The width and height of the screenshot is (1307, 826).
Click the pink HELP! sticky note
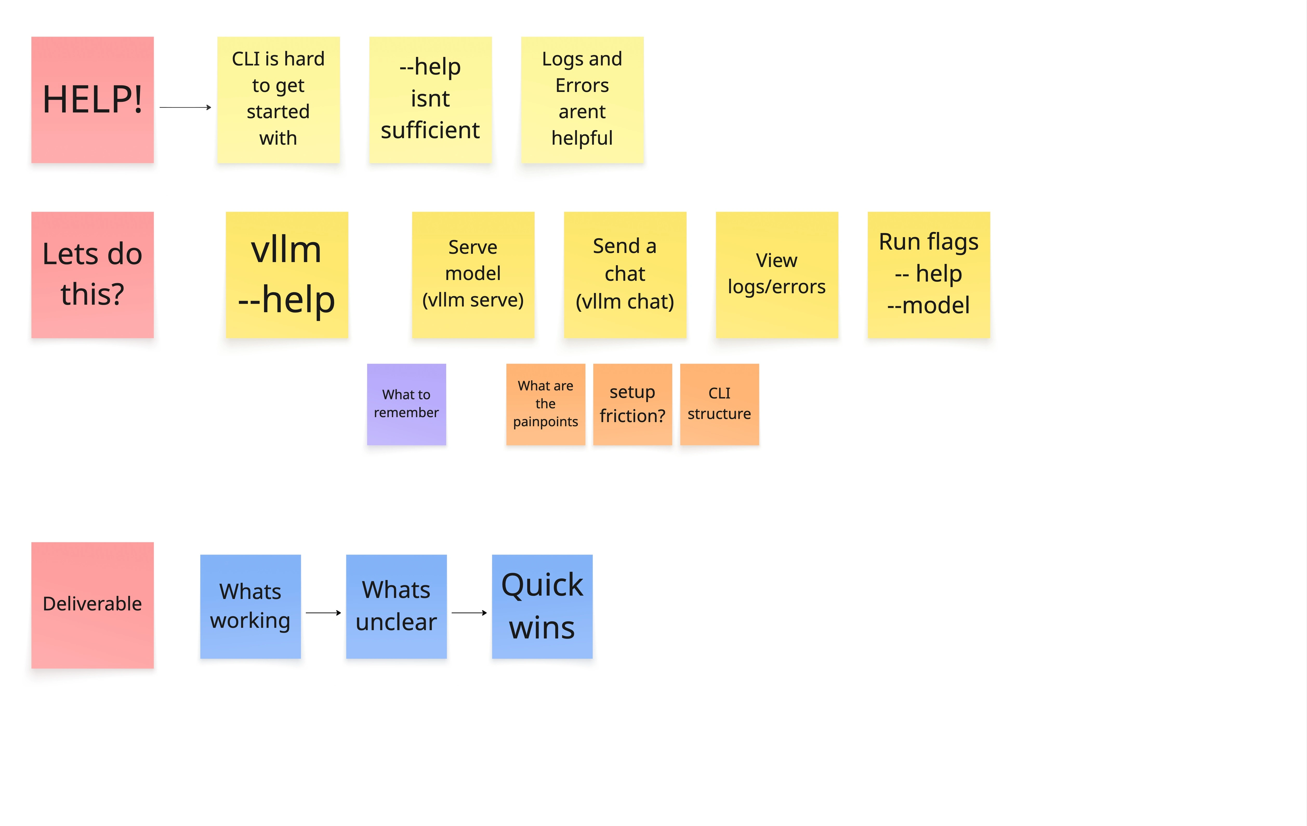92,100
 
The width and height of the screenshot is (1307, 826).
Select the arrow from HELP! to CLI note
185,108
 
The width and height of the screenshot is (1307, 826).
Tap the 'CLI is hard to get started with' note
279,100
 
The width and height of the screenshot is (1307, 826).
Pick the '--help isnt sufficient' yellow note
430,100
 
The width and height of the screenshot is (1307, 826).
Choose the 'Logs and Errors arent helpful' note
582,100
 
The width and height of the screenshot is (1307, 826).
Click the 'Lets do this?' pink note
92,275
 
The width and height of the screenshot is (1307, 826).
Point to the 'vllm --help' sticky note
287,275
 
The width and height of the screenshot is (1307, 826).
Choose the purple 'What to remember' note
407,404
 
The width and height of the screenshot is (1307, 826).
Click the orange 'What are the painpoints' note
545,404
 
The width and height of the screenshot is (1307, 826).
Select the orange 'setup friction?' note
632,404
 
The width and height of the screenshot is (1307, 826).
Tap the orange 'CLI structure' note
719,404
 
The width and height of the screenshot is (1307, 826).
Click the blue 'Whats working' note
250,606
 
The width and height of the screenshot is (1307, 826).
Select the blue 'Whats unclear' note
396,606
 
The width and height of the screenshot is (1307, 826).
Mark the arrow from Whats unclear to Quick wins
469,613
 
